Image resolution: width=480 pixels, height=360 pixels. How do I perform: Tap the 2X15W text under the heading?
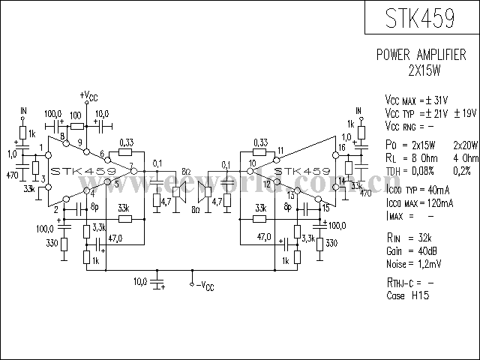423,69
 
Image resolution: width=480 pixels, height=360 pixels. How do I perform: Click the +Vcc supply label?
88,97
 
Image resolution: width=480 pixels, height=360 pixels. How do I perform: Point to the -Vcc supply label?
204,285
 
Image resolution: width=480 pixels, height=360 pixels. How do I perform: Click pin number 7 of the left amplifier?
131,165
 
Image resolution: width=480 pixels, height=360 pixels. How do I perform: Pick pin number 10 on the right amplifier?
252,163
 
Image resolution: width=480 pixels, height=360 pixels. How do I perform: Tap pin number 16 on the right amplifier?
341,148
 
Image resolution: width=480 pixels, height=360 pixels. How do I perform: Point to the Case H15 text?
405,295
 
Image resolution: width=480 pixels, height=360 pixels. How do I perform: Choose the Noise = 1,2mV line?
411,264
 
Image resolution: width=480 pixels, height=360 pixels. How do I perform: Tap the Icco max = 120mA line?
419,203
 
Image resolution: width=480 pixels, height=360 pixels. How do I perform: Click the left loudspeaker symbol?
179,191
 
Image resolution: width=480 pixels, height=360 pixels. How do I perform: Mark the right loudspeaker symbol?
202,191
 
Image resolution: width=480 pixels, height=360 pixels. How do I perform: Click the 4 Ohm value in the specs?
465,158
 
